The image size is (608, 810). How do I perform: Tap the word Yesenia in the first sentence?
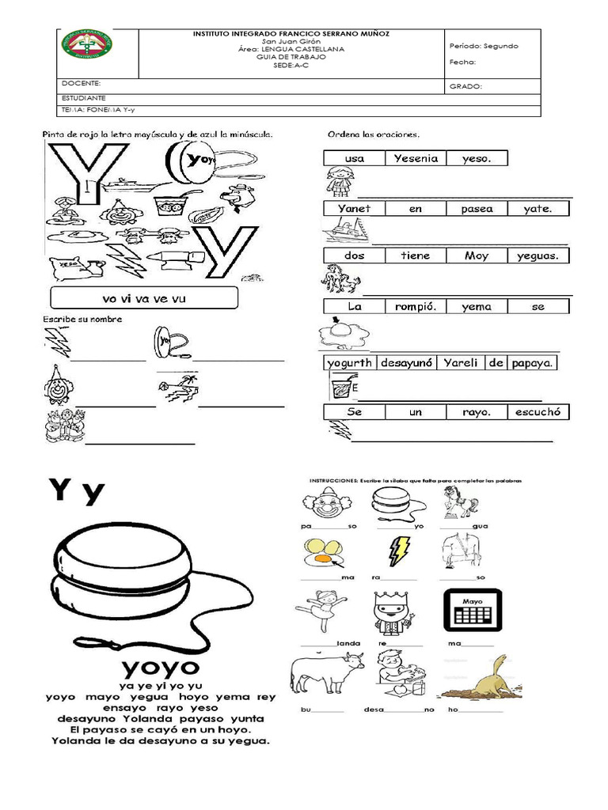[416, 158]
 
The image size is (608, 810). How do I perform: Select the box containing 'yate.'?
[538, 209]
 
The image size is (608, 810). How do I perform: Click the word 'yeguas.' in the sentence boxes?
[538, 255]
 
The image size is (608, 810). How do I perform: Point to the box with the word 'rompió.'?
[416, 306]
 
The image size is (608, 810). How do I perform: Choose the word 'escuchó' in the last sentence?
[538, 412]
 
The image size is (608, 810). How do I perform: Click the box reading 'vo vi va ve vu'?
[143, 298]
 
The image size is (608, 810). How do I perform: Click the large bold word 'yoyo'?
[160, 661]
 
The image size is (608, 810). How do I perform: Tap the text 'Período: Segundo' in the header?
[483, 46]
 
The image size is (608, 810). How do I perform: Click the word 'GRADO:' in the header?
[465, 86]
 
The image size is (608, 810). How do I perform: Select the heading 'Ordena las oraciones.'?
[374, 134]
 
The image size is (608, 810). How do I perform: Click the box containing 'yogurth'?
[350, 363]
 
